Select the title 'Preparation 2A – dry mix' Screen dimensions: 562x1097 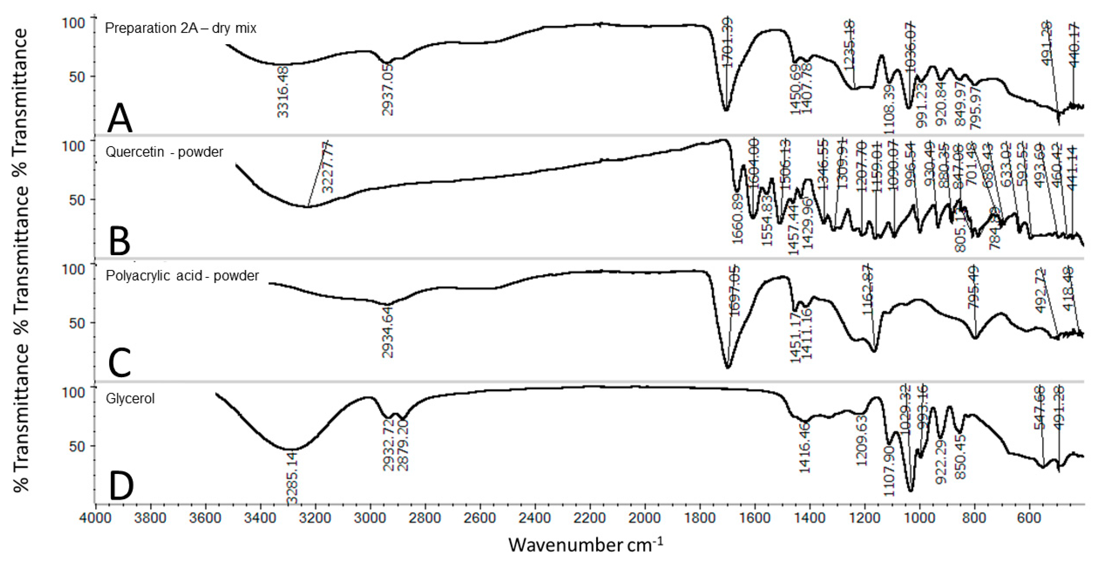[x=181, y=28]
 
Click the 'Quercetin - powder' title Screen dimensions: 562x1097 [x=164, y=152]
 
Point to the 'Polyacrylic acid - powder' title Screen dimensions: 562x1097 [x=182, y=276]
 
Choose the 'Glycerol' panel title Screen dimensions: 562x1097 [x=130, y=399]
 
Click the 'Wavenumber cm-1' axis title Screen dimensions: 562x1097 [x=586, y=544]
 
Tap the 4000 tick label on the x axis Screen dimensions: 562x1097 [x=96, y=518]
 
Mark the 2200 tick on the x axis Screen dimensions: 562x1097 [x=590, y=518]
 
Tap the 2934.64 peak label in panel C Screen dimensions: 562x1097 [x=388, y=332]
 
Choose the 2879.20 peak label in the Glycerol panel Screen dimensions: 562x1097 [x=403, y=445]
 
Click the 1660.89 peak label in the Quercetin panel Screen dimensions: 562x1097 [x=737, y=218]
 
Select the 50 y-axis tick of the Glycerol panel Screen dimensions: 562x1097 [x=77, y=446]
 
